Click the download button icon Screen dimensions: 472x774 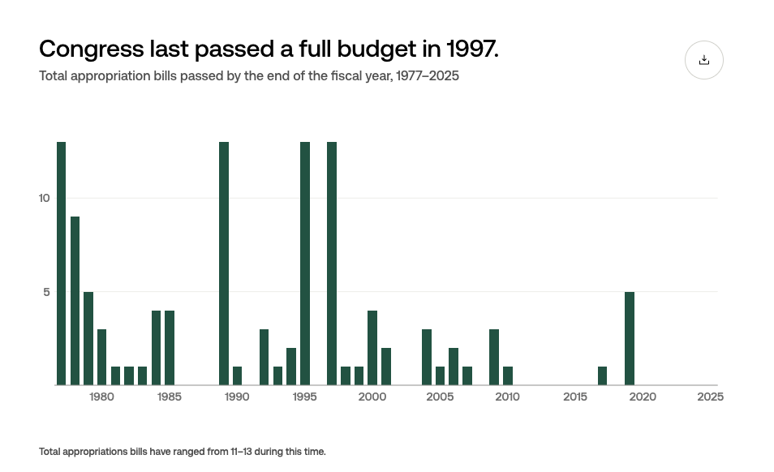(x=703, y=60)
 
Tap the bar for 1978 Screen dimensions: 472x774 (x=75, y=301)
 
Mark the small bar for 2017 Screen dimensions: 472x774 (x=602, y=375)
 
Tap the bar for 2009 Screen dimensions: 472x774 (x=494, y=357)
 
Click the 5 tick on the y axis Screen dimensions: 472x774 (x=47, y=291)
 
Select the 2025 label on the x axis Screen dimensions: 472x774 (x=710, y=397)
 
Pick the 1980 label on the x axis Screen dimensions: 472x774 (x=101, y=397)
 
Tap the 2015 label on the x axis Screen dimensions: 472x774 (x=575, y=397)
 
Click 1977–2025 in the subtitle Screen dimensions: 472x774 (x=429, y=76)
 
